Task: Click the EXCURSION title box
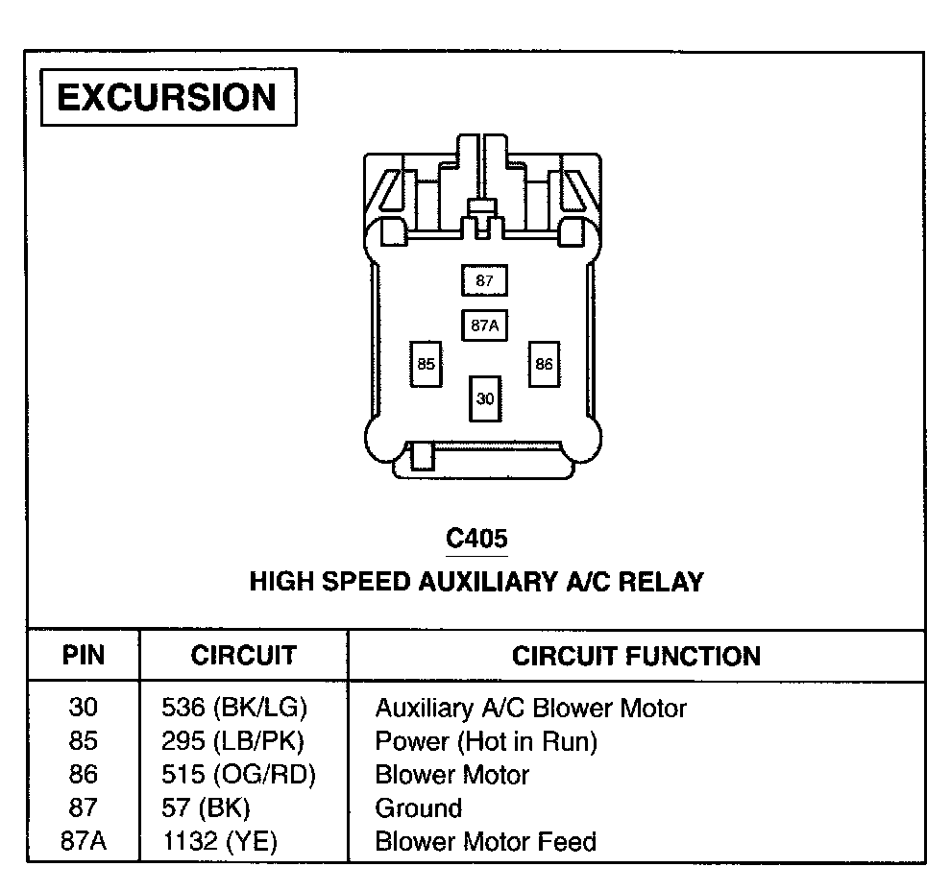pos(168,98)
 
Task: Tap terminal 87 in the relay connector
pos(484,281)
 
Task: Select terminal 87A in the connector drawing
pos(484,325)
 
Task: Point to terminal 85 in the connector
pos(427,364)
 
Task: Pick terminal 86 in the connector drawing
pos(545,364)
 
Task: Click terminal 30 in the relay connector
pos(485,398)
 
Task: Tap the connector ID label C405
pos(476,539)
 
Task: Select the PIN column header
pos(84,657)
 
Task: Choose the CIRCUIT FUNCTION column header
pos(636,657)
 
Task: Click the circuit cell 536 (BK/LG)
pos(234,709)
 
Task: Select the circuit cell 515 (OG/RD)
pos(239,774)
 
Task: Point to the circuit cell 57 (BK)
pos(207,807)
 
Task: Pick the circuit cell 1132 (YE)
pos(220,842)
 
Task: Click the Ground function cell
pos(418,807)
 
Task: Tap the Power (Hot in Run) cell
pos(486,741)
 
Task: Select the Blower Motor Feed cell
pos(485,842)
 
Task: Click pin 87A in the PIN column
pos(84,842)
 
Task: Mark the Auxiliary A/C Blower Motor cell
pos(530,709)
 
